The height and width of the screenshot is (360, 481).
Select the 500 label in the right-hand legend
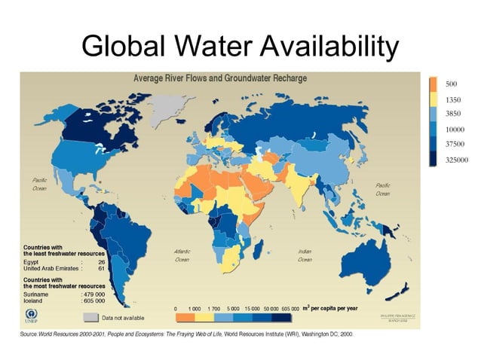452,83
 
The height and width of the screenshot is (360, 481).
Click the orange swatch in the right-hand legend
434,84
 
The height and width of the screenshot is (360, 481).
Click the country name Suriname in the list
37,294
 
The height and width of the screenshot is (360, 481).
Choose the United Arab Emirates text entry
51,269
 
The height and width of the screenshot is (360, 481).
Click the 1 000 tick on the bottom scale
195,309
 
